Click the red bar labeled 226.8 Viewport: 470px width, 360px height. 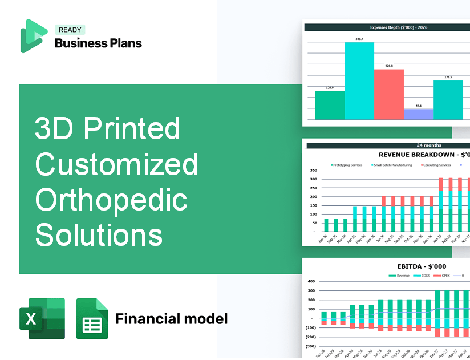click(388, 94)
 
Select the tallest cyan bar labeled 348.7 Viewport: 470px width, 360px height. click(359, 80)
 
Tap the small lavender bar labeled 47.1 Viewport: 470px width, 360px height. click(418, 114)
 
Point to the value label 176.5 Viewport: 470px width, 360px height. click(448, 77)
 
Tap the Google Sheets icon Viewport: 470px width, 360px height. click(92, 318)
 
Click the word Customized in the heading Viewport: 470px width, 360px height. click(116, 165)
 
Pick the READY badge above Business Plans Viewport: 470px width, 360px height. click(70, 30)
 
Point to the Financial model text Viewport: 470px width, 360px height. click(171, 318)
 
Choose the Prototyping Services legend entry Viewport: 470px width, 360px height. click(347, 165)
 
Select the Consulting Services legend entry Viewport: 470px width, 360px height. click(436, 165)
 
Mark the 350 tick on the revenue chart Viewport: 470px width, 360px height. click(313, 170)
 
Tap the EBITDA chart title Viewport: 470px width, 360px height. click(422, 266)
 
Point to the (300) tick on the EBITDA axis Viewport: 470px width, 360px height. click(311, 346)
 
